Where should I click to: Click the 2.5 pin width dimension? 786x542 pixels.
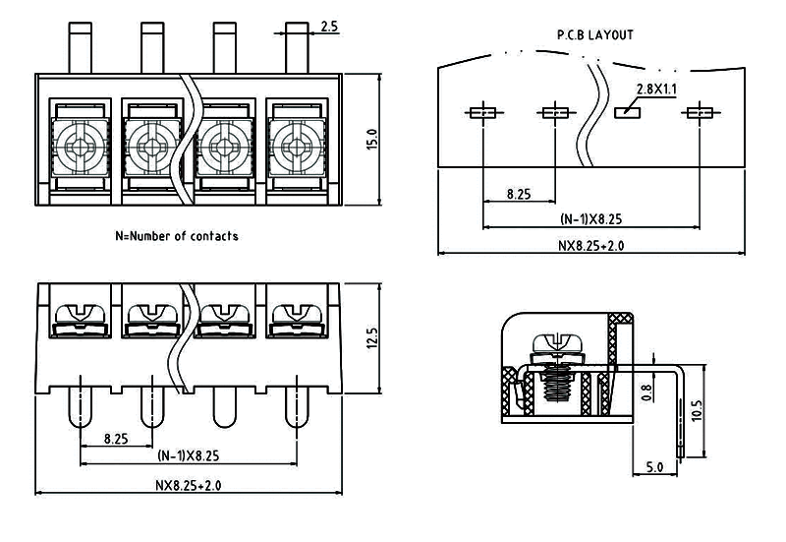coord(328,28)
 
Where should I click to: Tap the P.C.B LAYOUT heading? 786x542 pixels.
coord(594,34)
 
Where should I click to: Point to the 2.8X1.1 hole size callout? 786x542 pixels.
coord(657,89)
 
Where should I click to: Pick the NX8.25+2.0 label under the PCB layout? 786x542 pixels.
coord(590,245)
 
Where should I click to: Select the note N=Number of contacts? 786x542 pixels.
coord(177,236)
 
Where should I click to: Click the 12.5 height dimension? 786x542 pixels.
coord(371,338)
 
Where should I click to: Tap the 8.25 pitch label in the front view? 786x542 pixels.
coord(116,439)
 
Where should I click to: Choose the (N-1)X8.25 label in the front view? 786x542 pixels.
coord(187,456)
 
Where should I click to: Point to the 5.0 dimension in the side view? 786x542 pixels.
coord(654,467)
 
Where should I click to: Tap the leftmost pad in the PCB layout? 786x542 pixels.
coord(481,112)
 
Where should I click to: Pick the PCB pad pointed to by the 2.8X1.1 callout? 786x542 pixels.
coord(626,112)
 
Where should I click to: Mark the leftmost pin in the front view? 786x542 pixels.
coord(79,405)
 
